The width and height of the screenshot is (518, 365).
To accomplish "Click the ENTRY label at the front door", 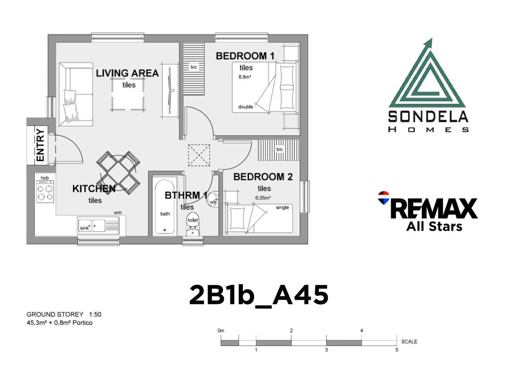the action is (x=40, y=145).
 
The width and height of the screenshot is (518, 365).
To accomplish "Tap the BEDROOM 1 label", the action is (x=245, y=56).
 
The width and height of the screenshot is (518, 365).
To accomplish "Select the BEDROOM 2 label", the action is (x=263, y=177).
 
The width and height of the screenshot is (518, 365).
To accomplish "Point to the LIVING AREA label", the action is (x=127, y=73).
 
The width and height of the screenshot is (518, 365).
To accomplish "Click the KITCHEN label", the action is (x=94, y=189).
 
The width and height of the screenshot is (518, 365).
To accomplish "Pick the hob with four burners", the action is (x=45, y=191).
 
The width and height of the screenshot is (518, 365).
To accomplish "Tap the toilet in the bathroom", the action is (x=193, y=224).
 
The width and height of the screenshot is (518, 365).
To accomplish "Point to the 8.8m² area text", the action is (x=245, y=77).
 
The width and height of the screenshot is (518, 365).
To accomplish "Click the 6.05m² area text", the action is (x=263, y=198).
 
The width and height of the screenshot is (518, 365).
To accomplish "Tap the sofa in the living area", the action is (x=76, y=94).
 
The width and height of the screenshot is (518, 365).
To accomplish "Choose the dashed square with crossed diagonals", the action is (x=199, y=155).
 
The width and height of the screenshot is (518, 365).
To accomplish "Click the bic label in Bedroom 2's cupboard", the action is (x=280, y=149).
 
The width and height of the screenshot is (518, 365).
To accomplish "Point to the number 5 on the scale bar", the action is (x=397, y=350).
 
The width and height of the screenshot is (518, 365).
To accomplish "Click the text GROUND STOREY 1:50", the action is (x=64, y=314).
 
